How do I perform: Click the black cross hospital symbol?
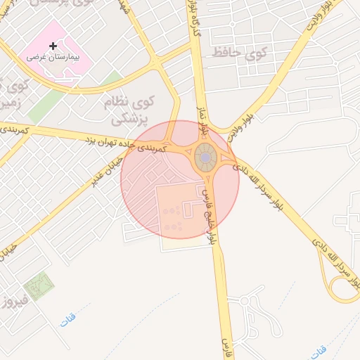53,45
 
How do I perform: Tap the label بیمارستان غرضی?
53,56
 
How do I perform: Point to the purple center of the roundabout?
204,158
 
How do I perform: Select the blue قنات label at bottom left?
67,319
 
